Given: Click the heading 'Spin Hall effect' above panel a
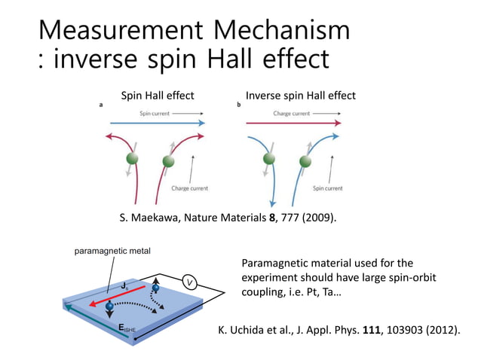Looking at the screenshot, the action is point(158,96).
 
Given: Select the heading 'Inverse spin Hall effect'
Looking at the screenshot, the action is point(301,96).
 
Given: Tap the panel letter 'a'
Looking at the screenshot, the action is point(102,105).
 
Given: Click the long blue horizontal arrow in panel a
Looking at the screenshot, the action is point(158,123).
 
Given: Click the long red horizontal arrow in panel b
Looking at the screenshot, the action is point(294,123).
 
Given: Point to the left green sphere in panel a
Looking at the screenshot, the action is point(133,160).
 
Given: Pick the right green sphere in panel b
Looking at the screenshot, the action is point(305,160).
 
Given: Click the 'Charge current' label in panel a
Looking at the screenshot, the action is point(189,188).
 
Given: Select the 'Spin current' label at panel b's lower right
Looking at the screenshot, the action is point(327,188).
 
